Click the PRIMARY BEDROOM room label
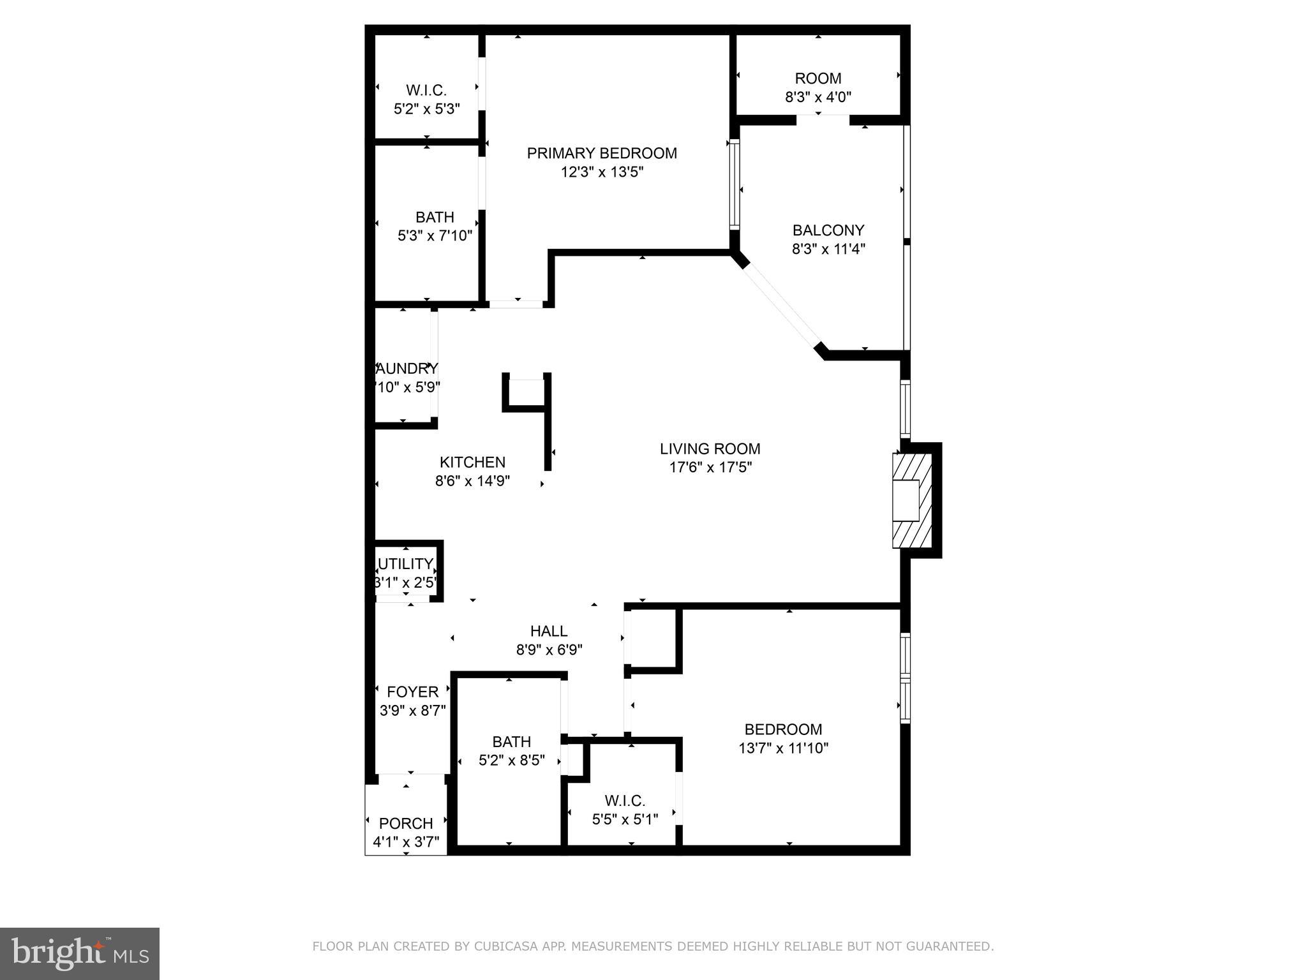(x=601, y=153)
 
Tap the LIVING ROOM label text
(x=710, y=449)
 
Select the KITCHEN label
(x=472, y=462)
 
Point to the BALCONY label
(x=828, y=230)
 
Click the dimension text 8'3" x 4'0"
(x=818, y=97)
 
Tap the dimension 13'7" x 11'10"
(x=783, y=748)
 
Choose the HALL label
(x=549, y=631)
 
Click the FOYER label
(x=412, y=692)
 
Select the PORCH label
(x=406, y=823)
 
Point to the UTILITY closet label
(x=406, y=564)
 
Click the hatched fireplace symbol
(x=912, y=500)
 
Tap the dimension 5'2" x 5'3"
(x=426, y=108)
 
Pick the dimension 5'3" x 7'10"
(x=435, y=235)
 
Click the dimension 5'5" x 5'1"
(x=625, y=819)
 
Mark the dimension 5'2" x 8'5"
(x=511, y=760)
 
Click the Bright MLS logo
(x=80, y=954)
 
